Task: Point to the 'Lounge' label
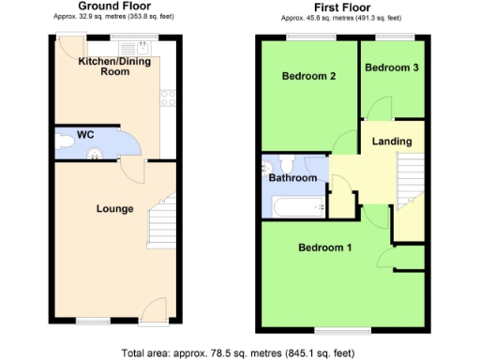[114, 208]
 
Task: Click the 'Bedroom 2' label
[308, 77]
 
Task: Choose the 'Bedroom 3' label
[390, 67]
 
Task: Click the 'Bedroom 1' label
[324, 248]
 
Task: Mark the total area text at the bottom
[239, 352]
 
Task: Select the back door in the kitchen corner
[68, 45]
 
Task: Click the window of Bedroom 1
[335, 330]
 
